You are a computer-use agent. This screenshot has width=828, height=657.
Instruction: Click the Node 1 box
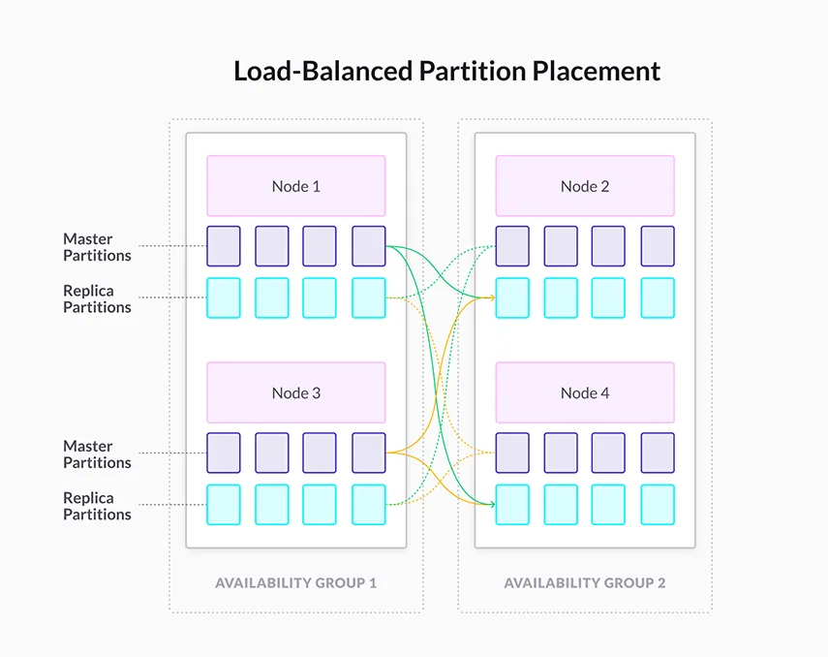pos(295,186)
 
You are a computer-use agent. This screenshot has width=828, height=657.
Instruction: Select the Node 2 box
pos(585,186)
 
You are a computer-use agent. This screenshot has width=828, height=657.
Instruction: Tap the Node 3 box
pos(295,392)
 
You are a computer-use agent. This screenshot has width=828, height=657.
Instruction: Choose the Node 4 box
pos(585,392)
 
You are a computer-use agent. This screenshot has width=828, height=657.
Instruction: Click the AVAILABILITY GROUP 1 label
pos(295,582)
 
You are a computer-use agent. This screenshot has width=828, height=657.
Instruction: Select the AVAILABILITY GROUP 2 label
pos(585,582)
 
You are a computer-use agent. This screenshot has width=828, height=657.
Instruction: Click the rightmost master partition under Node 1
pos(369,246)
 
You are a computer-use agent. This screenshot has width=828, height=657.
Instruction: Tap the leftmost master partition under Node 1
pos(224,246)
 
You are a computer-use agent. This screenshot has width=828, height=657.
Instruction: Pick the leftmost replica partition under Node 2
pos(512,297)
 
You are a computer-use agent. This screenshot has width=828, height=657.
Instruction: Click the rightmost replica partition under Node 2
pos(658,297)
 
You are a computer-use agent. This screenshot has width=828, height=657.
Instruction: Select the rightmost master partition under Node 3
pos(369,453)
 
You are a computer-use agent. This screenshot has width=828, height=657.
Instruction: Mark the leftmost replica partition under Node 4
pos(512,504)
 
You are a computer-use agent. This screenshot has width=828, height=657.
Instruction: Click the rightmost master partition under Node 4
pos(658,453)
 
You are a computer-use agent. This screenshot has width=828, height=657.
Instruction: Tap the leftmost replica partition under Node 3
pos(224,504)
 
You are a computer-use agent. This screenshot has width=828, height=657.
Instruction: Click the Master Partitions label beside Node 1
pos(97,247)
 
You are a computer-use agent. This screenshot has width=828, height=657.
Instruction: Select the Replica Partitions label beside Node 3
pos(97,506)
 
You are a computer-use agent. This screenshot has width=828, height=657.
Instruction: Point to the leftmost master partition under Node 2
pos(512,246)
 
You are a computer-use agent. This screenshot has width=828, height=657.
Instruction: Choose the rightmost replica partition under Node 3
pos(369,504)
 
